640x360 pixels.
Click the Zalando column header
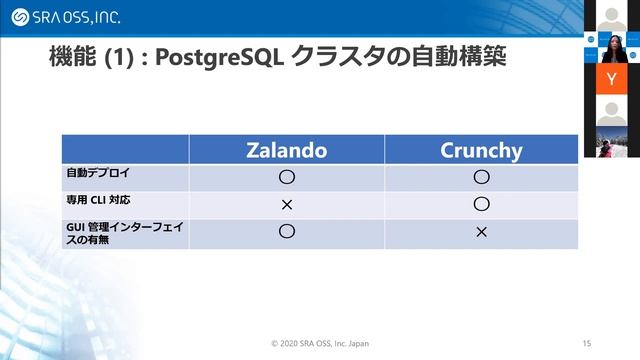point(286,150)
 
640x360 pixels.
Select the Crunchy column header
point(481,150)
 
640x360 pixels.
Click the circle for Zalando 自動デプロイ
point(286,177)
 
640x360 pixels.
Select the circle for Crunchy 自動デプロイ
point(481,177)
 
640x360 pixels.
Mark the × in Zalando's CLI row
point(286,204)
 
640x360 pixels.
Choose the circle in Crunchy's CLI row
point(481,204)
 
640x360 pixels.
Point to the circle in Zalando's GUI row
point(286,231)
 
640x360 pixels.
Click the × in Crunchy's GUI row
point(481,232)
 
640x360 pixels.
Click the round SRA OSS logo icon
point(19,17)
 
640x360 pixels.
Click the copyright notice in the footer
point(320,343)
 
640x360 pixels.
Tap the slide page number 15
point(586,343)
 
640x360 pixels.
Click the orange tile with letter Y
point(611,78)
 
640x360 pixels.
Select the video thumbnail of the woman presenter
point(611,45)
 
